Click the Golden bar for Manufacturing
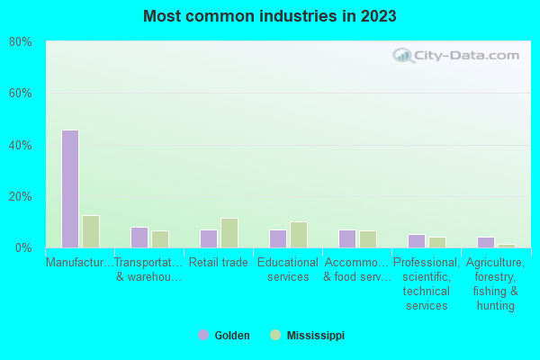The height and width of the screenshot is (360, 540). (x=70, y=189)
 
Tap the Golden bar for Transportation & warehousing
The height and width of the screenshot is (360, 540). (x=139, y=238)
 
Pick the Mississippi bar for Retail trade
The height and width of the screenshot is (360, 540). (x=229, y=233)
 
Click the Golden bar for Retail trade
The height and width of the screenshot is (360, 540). (x=209, y=238)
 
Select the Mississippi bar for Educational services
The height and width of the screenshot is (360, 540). (x=299, y=235)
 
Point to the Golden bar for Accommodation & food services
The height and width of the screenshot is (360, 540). (x=347, y=238)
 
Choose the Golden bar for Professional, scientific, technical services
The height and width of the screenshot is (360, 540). (x=417, y=241)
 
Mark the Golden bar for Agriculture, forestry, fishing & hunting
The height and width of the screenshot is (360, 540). (x=486, y=242)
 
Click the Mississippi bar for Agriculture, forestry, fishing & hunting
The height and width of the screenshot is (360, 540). (x=507, y=246)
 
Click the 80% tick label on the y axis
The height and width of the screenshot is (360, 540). (x=21, y=41)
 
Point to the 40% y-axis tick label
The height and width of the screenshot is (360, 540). (x=21, y=145)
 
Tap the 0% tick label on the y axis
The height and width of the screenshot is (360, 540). (x=23, y=247)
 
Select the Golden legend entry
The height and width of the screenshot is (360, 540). (x=224, y=336)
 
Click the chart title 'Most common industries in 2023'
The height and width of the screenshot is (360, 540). (x=270, y=16)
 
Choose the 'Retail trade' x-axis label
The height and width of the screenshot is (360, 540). (x=219, y=263)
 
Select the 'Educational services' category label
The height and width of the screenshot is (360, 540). (x=288, y=270)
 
